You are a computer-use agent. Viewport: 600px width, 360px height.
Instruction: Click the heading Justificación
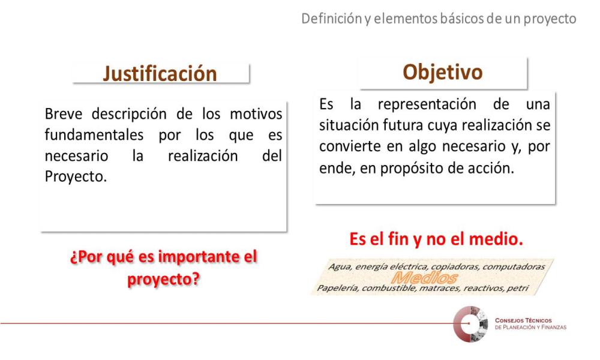[160, 74]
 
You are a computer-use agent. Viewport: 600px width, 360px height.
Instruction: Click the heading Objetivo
[443, 72]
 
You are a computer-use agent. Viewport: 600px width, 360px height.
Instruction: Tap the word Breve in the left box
[63, 114]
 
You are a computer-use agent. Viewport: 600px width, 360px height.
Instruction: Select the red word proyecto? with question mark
[164, 279]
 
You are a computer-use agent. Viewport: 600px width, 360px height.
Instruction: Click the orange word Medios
[424, 277]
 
